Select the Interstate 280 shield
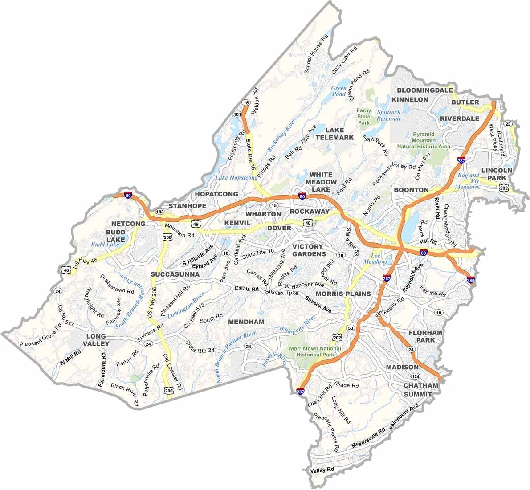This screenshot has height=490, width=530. point(471,280)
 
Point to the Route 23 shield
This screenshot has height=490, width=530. point(508,124)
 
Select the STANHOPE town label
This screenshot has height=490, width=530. point(187,206)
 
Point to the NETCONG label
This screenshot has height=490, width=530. point(128,223)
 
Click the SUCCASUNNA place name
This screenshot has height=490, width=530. point(175,274)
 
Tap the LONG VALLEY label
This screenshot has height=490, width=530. point(96,340)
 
